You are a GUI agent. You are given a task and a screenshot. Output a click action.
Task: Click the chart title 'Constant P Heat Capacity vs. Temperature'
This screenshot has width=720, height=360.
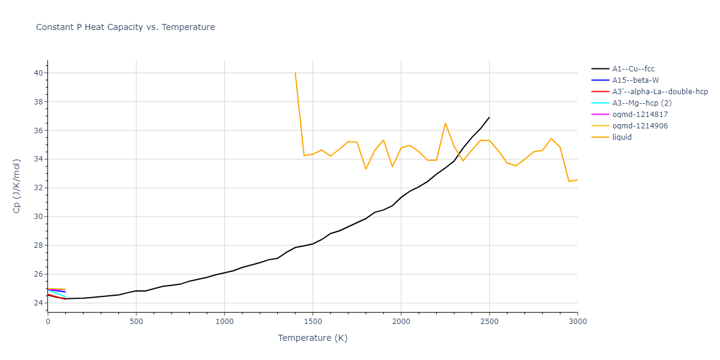[x=125, y=27]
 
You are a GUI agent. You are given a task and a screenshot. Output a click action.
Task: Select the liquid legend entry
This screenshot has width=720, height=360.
[x=622, y=137]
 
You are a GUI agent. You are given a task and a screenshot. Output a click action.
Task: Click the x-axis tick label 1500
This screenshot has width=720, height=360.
[x=313, y=322]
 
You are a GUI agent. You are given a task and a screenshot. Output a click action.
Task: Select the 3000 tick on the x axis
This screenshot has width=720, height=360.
[x=577, y=322]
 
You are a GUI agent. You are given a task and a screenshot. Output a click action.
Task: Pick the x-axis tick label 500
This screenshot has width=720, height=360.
[x=136, y=322]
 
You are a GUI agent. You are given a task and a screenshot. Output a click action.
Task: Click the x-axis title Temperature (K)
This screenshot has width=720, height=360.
[x=313, y=338]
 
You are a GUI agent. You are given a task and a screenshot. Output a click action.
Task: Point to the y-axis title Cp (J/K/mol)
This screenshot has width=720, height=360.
[x=17, y=185]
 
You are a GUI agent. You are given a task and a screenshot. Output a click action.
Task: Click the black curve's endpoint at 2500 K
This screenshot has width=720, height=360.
[x=489, y=118]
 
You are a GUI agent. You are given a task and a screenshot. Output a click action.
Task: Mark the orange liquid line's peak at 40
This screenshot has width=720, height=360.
[x=295, y=73]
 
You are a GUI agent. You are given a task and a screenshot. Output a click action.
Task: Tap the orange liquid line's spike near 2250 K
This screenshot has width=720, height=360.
[x=445, y=124]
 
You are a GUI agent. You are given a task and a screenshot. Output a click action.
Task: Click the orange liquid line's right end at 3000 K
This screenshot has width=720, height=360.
[x=577, y=180]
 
